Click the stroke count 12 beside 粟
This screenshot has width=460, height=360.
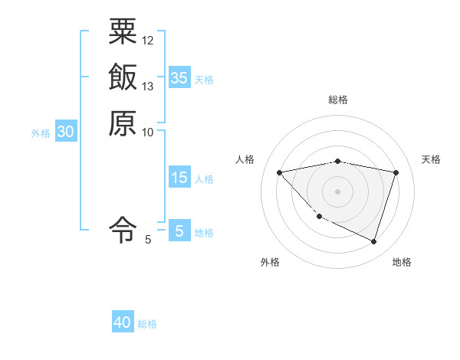(148, 40)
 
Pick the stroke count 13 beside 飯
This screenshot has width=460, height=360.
(148, 86)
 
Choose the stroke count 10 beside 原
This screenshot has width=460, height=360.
(148, 132)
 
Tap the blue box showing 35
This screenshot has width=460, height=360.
(179, 77)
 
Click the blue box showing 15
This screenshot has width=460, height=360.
(179, 178)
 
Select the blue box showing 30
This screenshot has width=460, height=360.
(66, 132)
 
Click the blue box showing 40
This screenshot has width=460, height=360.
(123, 322)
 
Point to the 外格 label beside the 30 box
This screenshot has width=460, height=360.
(41, 133)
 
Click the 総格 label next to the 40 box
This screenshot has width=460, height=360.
(147, 324)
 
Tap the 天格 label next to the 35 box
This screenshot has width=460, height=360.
(204, 79)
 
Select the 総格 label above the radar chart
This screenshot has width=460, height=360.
(338, 100)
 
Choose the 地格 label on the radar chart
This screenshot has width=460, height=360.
(402, 262)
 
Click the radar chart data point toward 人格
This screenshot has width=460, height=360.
(280, 172)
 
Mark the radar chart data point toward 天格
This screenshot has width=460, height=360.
(396, 172)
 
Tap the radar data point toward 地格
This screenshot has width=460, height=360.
(373, 242)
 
